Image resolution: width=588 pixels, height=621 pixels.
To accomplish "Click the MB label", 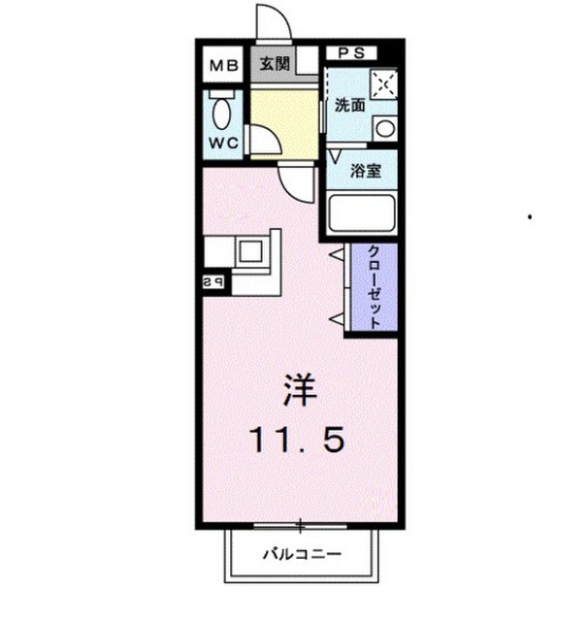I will pyautogui.click(x=224, y=67).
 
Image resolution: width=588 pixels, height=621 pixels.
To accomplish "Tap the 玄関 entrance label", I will pyautogui.click(x=276, y=65).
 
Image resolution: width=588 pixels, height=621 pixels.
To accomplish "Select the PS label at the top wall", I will pyautogui.click(x=351, y=53).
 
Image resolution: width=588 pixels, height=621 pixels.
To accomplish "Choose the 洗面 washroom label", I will pyautogui.click(x=349, y=106).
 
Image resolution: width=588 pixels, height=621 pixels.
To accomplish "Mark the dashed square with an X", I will pyautogui.click(x=383, y=85).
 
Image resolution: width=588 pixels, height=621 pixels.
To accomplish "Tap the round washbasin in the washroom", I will pyautogui.click(x=383, y=127).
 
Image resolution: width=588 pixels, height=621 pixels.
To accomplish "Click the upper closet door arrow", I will pyautogui.click(x=336, y=255).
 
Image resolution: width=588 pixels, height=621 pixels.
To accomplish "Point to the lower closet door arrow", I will pyautogui.click(x=336, y=318).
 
